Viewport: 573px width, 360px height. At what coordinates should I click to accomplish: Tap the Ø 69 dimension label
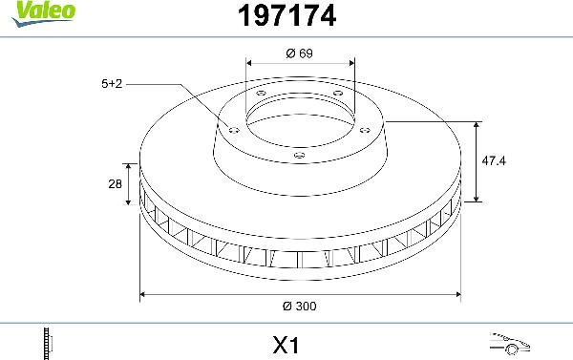tap(299, 53)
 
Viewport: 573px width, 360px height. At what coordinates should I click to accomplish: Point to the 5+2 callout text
tap(112, 84)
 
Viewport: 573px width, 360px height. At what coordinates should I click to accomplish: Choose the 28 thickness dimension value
tap(114, 185)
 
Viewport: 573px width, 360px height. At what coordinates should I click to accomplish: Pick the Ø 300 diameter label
tap(299, 307)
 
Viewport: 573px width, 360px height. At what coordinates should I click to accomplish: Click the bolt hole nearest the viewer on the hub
tap(298, 155)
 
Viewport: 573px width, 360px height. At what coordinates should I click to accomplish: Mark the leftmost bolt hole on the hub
tap(231, 128)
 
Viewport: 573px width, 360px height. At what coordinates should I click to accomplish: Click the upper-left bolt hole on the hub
tap(260, 93)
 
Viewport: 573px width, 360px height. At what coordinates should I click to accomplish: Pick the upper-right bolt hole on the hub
tap(338, 93)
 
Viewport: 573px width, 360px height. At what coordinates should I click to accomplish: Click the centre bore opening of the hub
tap(298, 119)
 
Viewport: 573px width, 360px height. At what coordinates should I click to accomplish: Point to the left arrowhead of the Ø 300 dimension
tap(144, 293)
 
